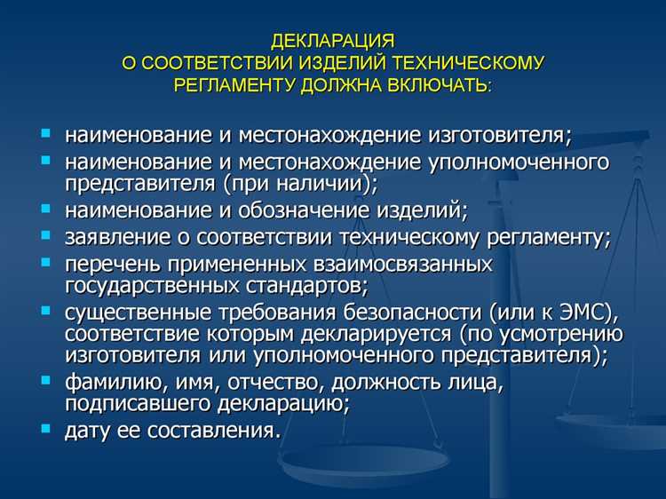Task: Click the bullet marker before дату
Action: [x=46, y=429]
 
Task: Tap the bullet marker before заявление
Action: [x=46, y=235]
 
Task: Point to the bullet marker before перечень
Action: [x=46, y=263]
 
